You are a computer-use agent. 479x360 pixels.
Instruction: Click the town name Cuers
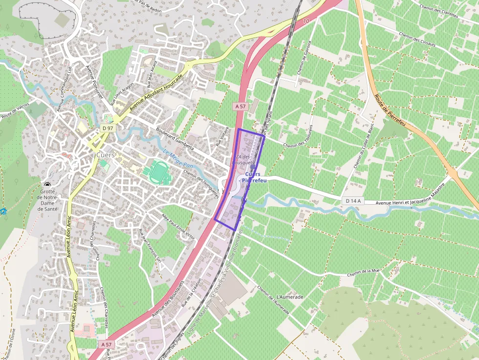click(x=106, y=155)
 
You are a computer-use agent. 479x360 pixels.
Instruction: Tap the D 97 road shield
click(x=108, y=128)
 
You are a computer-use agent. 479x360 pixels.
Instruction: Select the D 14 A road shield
click(x=352, y=201)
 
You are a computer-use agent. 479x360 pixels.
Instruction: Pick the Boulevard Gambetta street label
click(x=175, y=139)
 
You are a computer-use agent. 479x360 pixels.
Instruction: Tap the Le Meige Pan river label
click(x=178, y=159)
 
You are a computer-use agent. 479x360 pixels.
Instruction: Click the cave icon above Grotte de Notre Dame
click(x=47, y=185)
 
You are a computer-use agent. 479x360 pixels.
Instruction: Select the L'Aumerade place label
click(x=290, y=297)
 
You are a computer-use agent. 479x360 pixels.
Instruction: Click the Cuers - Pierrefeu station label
click(x=252, y=177)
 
